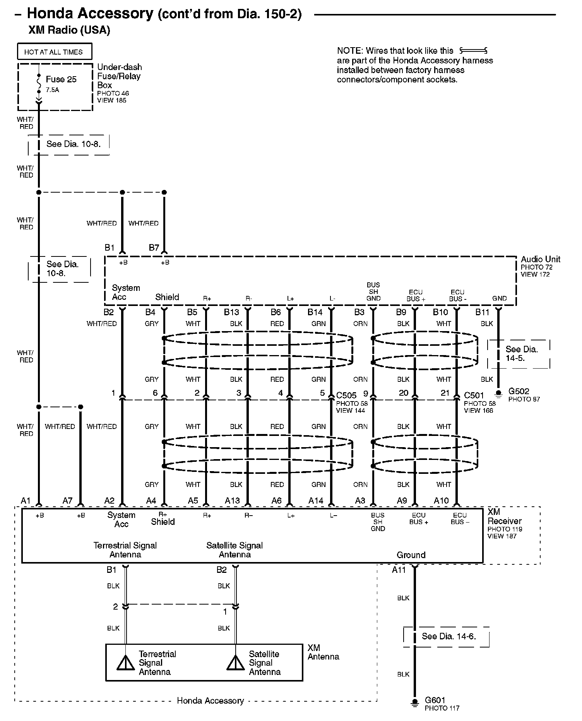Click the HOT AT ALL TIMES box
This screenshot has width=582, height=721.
pos(55,52)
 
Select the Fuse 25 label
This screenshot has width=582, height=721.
pos(61,79)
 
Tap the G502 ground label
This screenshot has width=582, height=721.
pos(519,391)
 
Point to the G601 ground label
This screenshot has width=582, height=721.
pos(435,700)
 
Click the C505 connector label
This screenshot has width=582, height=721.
pos(346,395)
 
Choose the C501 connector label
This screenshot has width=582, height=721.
pos(474,395)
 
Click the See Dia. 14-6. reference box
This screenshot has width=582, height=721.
pos(448,636)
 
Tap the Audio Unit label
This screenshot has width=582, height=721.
pos(540,259)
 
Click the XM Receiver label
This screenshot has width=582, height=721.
pos(504,516)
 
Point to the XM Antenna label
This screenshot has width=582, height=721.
pos(323,652)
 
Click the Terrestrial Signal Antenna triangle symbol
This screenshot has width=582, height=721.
pos(125,663)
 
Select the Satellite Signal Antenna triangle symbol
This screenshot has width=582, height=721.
pos(236,663)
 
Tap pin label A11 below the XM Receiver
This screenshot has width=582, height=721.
pos(399,570)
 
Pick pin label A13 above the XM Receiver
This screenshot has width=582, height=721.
pos(232,501)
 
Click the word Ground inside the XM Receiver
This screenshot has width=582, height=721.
pos(411,555)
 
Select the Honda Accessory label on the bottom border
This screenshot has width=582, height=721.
pos(210,700)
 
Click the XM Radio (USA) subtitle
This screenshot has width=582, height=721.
pos(69,30)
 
